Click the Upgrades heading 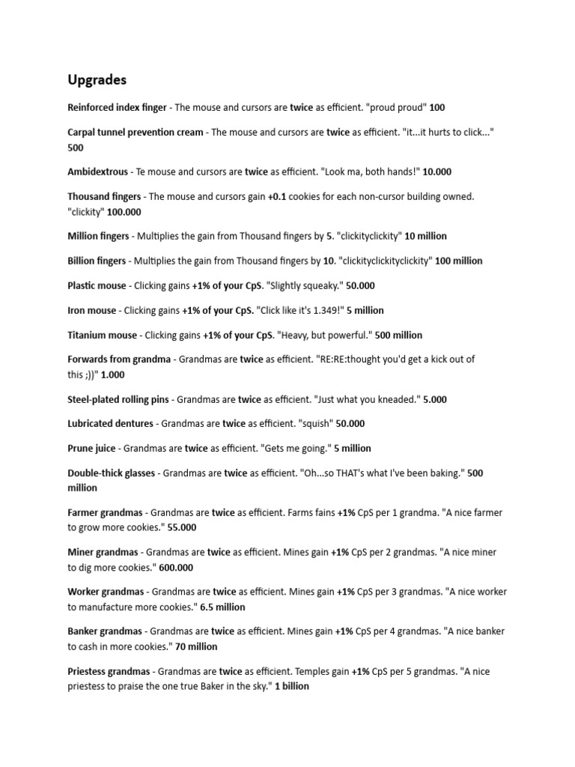[x=97, y=79]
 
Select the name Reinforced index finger [x=118, y=108]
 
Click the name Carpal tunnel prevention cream [x=136, y=133]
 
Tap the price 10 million [x=425, y=236]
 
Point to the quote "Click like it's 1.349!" [x=300, y=310]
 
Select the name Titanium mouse [x=103, y=335]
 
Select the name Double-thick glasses [x=112, y=473]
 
